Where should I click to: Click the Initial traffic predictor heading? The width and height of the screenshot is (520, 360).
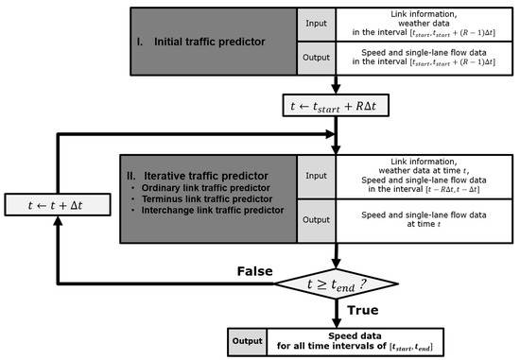(199, 41)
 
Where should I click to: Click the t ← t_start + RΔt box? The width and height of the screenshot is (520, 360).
(336, 103)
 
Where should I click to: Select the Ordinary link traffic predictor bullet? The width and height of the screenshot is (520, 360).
(201, 189)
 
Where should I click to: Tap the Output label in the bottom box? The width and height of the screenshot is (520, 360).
(249, 337)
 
